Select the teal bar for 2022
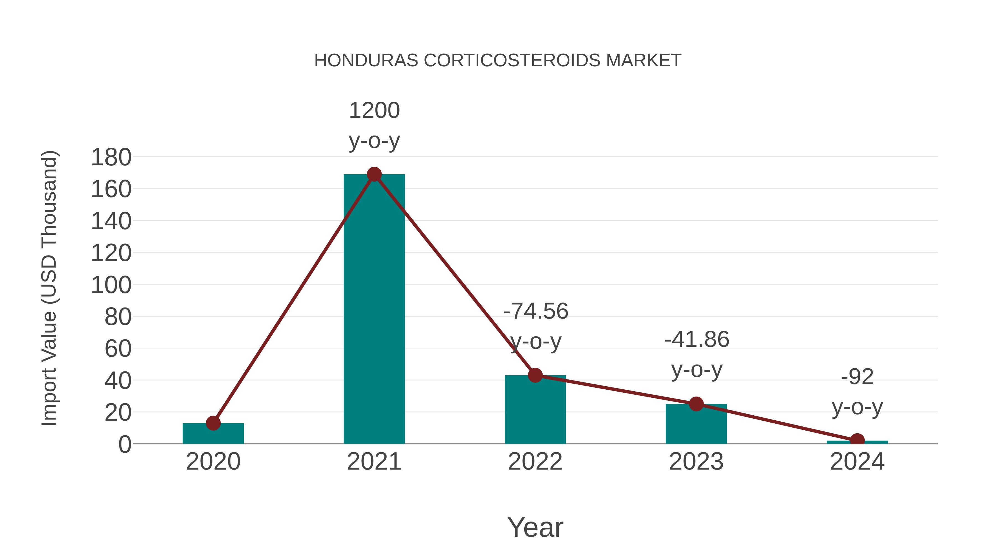pos(535,410)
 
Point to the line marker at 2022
pos(535,375)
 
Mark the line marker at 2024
pos(857,440)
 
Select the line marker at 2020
pos(213,423)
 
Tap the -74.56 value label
pos(536,311)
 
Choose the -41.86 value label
pos(696,339)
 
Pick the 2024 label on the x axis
pos(857,462)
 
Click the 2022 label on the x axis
pos(535,462)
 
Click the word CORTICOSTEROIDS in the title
pos(512,60)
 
